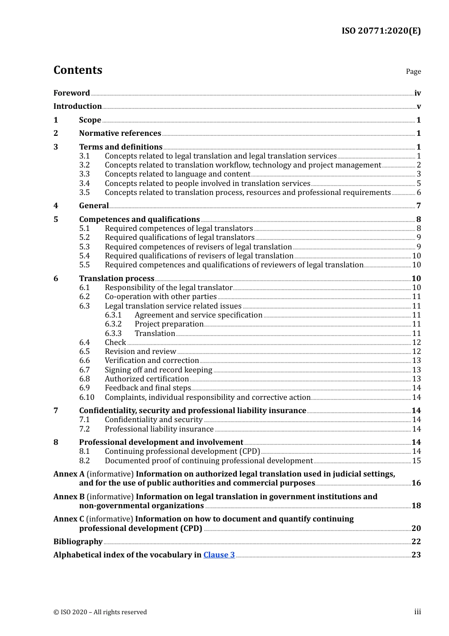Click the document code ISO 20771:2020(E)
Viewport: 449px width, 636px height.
[x=380, y=31]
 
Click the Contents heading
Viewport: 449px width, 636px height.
[x=78, y=70]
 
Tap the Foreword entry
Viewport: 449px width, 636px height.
[x=71, y=93]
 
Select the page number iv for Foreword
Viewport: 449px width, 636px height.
[x=417, y=93]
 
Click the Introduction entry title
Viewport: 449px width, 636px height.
[x=78, y=106]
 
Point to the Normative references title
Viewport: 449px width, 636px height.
[x=120, y=133]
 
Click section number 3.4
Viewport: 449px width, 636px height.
[x=84, y=184]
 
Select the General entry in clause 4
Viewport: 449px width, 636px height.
[x=94, y=206]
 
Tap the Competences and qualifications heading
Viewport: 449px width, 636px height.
[x=139, y=220]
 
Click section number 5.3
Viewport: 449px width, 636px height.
[x=84, y=247]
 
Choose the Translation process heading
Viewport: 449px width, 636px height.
[x=117, y=279]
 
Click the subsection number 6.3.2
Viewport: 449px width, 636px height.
[x=113, y=324]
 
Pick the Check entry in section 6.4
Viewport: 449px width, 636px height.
[x=115, y=343]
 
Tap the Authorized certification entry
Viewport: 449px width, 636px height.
[x=147, y=379]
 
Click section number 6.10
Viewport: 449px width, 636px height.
[x=86, y=397]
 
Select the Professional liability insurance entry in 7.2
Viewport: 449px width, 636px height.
[x=159, y=429]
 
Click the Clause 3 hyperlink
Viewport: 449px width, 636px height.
[x=219, y=555]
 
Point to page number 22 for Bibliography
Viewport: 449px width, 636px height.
[x=416, y=542]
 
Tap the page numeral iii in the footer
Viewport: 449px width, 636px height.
[x=417, y=612]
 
